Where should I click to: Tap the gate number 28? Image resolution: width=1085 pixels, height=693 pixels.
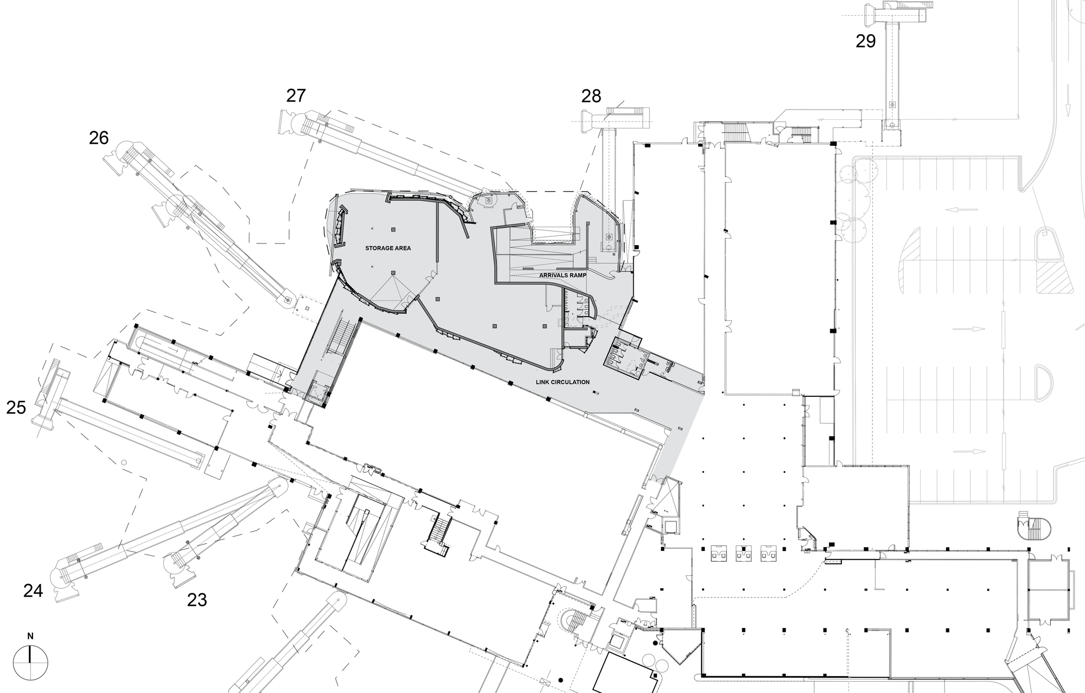click(591, 96)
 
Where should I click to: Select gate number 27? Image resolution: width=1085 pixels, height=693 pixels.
click(296, 95)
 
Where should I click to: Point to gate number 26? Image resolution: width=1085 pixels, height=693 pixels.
click(99, 138)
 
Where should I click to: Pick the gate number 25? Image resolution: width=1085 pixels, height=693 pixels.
click(16, 407)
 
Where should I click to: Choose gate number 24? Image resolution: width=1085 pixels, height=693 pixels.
click(33, 591)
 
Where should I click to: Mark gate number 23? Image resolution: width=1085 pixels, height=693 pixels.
click(197, 600)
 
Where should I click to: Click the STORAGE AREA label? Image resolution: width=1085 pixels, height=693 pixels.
click(388, 248)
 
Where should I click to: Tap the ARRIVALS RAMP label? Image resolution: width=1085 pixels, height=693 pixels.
click(563, 275)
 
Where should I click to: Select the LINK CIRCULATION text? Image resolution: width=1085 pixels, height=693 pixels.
click(563, 382)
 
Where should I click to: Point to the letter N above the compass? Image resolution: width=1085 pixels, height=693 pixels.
click(30, 637)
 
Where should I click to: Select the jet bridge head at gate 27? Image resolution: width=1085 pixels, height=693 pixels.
click(287, 122)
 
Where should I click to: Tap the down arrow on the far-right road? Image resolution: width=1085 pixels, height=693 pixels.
click(1067, 108)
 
